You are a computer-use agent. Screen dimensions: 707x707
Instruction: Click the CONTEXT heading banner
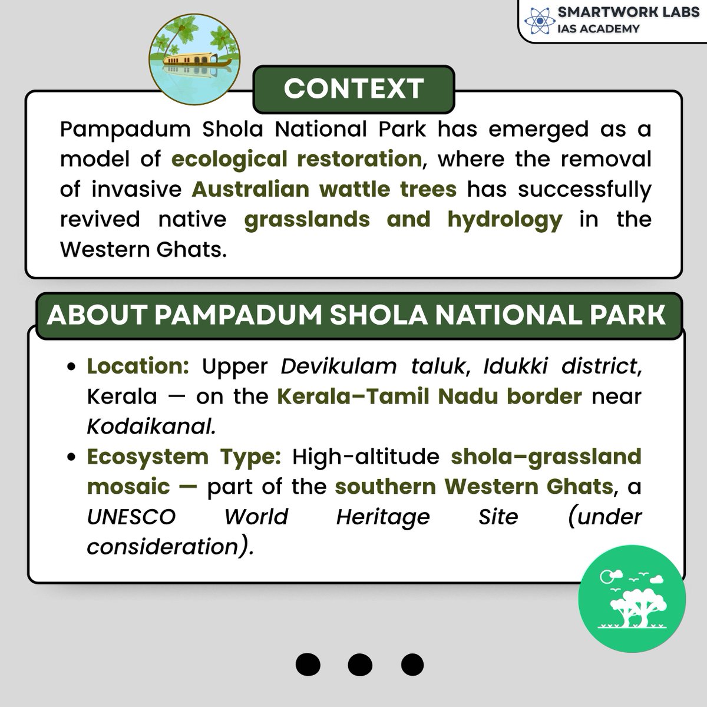click(x=353, y=89)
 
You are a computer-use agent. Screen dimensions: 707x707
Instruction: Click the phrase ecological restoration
click(x=296, y=159)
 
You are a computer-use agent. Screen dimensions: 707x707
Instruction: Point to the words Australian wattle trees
click(x=324, y=189)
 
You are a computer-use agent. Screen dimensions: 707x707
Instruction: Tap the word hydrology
click(x=504, y=219)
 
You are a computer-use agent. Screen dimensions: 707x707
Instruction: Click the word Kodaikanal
click(x=151, y=427)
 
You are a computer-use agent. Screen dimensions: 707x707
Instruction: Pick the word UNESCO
click(x=131, y=517)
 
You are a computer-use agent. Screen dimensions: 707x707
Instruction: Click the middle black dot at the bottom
click(x=359, y=665)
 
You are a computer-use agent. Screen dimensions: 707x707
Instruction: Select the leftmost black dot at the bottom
click(x=308, y=665)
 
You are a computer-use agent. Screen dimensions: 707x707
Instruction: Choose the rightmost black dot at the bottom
click(x=412, y=665)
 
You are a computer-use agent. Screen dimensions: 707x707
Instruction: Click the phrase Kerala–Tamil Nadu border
click(x=430, y=396)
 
